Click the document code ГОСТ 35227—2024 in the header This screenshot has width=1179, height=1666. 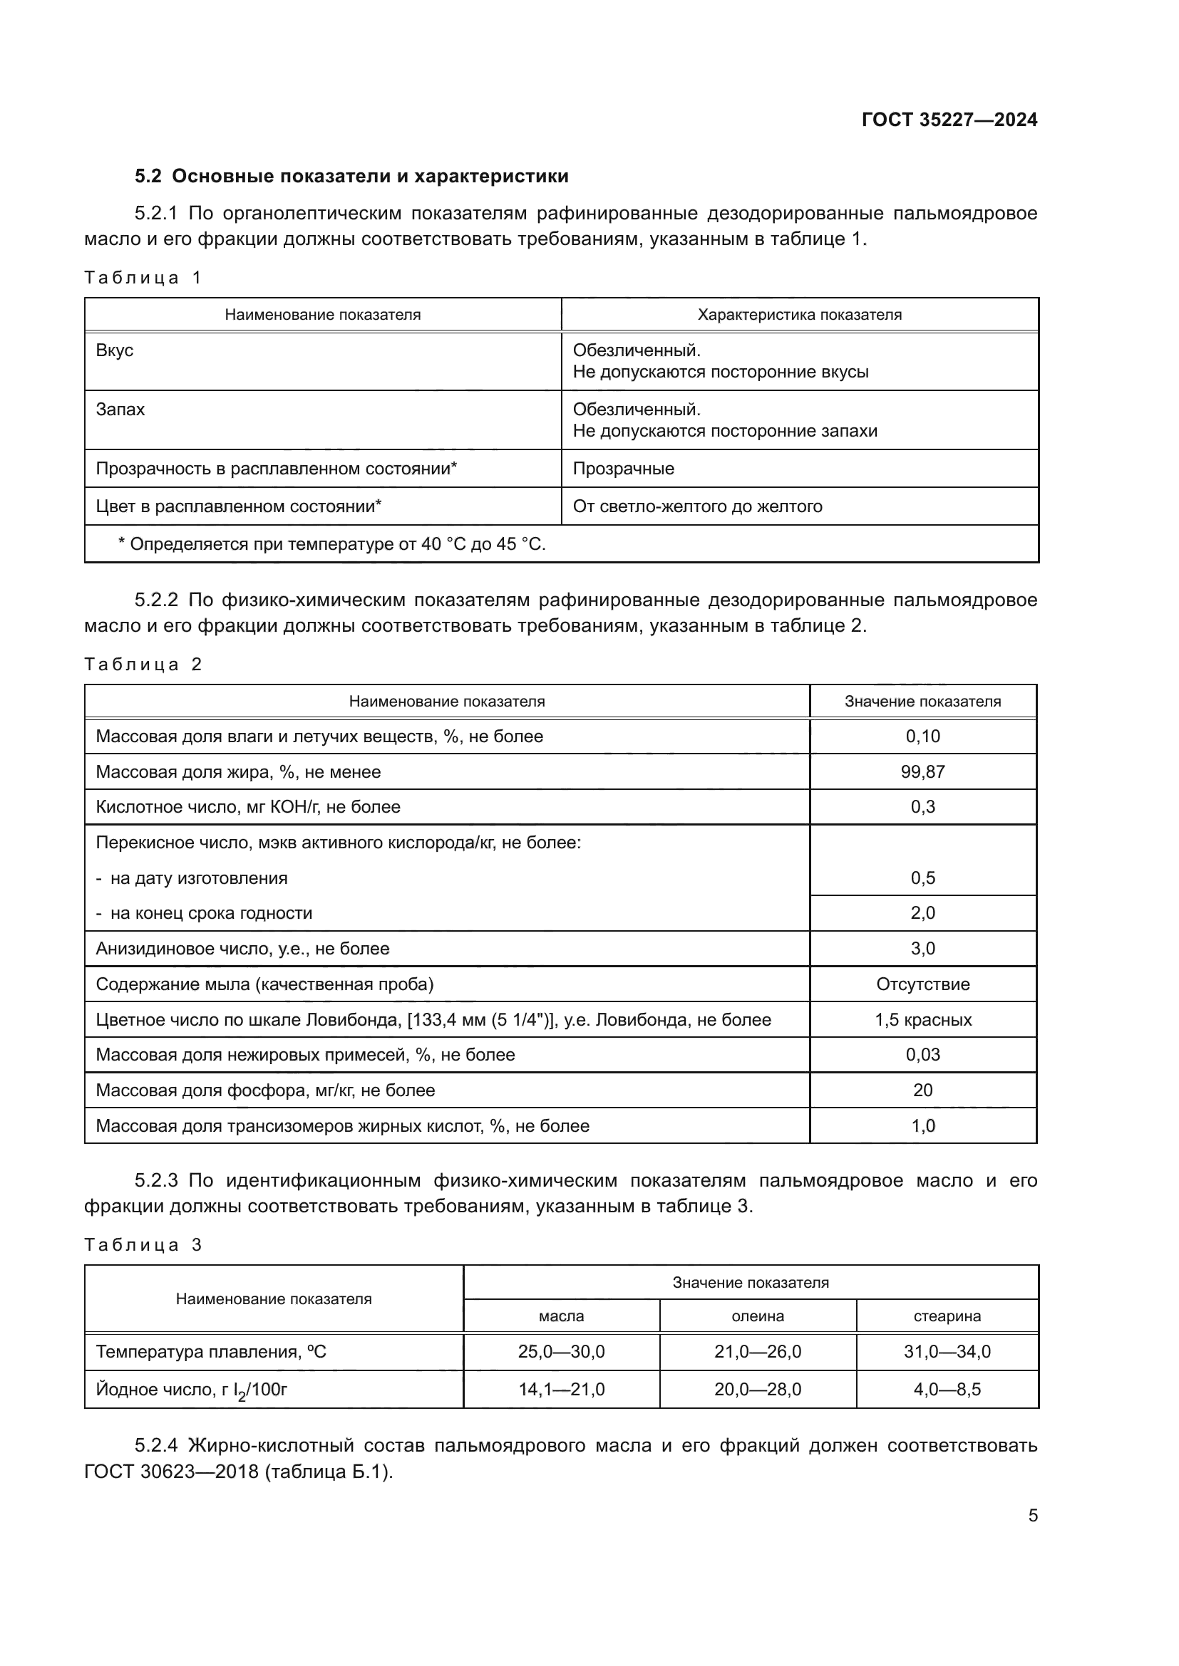(x=949, y=120)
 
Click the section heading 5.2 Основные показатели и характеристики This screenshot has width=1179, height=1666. (x=351, y=177)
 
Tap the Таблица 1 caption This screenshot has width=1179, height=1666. (x=143, y=278)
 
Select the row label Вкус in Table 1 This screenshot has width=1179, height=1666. (x=115, y=350)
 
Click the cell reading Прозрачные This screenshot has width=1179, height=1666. (x=623, y=469)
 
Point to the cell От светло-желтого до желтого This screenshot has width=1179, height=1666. (x=697, y=506)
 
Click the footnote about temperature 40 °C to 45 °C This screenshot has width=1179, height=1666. (x=331, y=544)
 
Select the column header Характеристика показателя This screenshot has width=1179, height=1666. (x=799, y=315)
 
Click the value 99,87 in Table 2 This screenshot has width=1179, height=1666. (x=922, y=772)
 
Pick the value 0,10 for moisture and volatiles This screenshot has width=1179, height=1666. (x=922, y=736)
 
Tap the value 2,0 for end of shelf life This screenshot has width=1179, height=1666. (x=922, y=913)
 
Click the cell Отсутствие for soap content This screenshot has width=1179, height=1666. (x=922, y=984)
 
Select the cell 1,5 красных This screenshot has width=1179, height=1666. (x=922, y=1020)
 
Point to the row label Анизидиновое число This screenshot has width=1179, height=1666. (x=242, y=949)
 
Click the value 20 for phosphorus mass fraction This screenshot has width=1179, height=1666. (x=922, y=1090)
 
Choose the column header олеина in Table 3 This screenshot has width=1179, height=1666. (x=757, y=1316)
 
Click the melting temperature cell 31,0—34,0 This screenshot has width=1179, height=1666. (x=947, y=1352)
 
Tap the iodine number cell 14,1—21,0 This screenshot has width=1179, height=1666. (x=561, y=1390)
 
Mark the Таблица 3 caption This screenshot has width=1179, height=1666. (x=143, y=1245)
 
